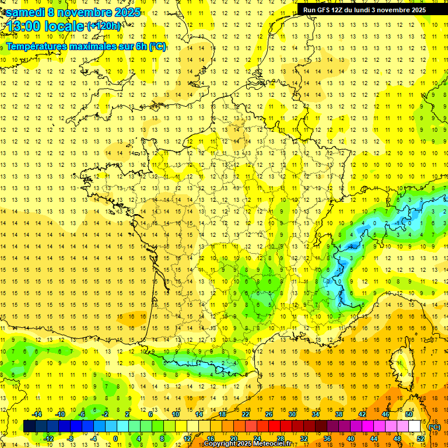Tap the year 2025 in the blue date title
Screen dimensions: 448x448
(124, 12)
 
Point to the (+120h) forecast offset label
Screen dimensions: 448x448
(103, 26)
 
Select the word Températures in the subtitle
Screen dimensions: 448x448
(38, 46)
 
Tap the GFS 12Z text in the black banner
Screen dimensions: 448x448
(331, 10)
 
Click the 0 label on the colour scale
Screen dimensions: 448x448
(115, 438)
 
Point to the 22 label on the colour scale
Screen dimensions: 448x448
(246, 414)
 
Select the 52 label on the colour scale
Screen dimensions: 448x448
(421, 438)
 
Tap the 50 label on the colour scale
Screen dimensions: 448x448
(409, 414)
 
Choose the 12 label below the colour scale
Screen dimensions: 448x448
(187, 438)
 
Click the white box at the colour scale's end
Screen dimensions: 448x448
(415, 426)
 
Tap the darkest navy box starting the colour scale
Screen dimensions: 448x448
(29, 426)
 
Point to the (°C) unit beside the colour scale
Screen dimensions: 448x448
(434, 427)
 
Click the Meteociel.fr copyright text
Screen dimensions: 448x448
(251, 444)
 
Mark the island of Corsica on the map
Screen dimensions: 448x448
(402, 362)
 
